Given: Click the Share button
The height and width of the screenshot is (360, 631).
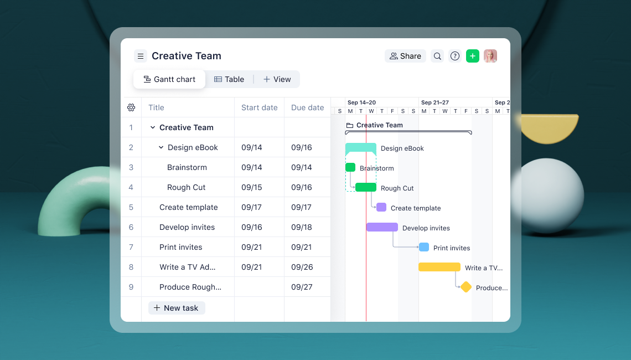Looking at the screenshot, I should point(405,56).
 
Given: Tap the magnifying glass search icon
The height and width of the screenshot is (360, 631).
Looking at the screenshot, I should point(437,56).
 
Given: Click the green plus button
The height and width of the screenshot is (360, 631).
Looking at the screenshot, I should point(472,56).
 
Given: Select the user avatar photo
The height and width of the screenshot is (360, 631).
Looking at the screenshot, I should point(490,56).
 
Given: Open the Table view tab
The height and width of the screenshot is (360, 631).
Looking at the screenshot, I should point(229,79).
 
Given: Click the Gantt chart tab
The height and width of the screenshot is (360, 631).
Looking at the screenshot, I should point(169,79).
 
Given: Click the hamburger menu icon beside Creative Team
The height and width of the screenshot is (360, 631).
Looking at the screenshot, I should point(141,56).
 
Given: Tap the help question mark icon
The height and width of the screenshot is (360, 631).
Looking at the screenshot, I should point(455,56).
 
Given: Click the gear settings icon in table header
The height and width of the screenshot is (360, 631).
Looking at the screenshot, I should point(131,107).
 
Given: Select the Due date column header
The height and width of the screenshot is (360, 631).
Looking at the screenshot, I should point(307,107).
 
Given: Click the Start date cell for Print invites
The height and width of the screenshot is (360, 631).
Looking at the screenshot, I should point(252,247).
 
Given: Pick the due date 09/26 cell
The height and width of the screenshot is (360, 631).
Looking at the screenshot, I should point(302,267).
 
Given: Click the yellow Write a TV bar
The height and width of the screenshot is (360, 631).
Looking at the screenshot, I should point(439,267).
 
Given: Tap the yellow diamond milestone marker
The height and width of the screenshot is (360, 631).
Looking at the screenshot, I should point(466,287).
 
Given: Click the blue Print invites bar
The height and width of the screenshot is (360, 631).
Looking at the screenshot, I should point(424,247).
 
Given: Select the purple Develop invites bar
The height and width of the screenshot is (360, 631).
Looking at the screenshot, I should point(382,227).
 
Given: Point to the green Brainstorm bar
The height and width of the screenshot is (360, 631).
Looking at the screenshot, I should point(350,167).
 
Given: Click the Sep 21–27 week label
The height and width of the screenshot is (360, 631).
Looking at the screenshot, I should point(435,102).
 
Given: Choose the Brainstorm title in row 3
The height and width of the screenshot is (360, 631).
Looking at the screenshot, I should point(187,167).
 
